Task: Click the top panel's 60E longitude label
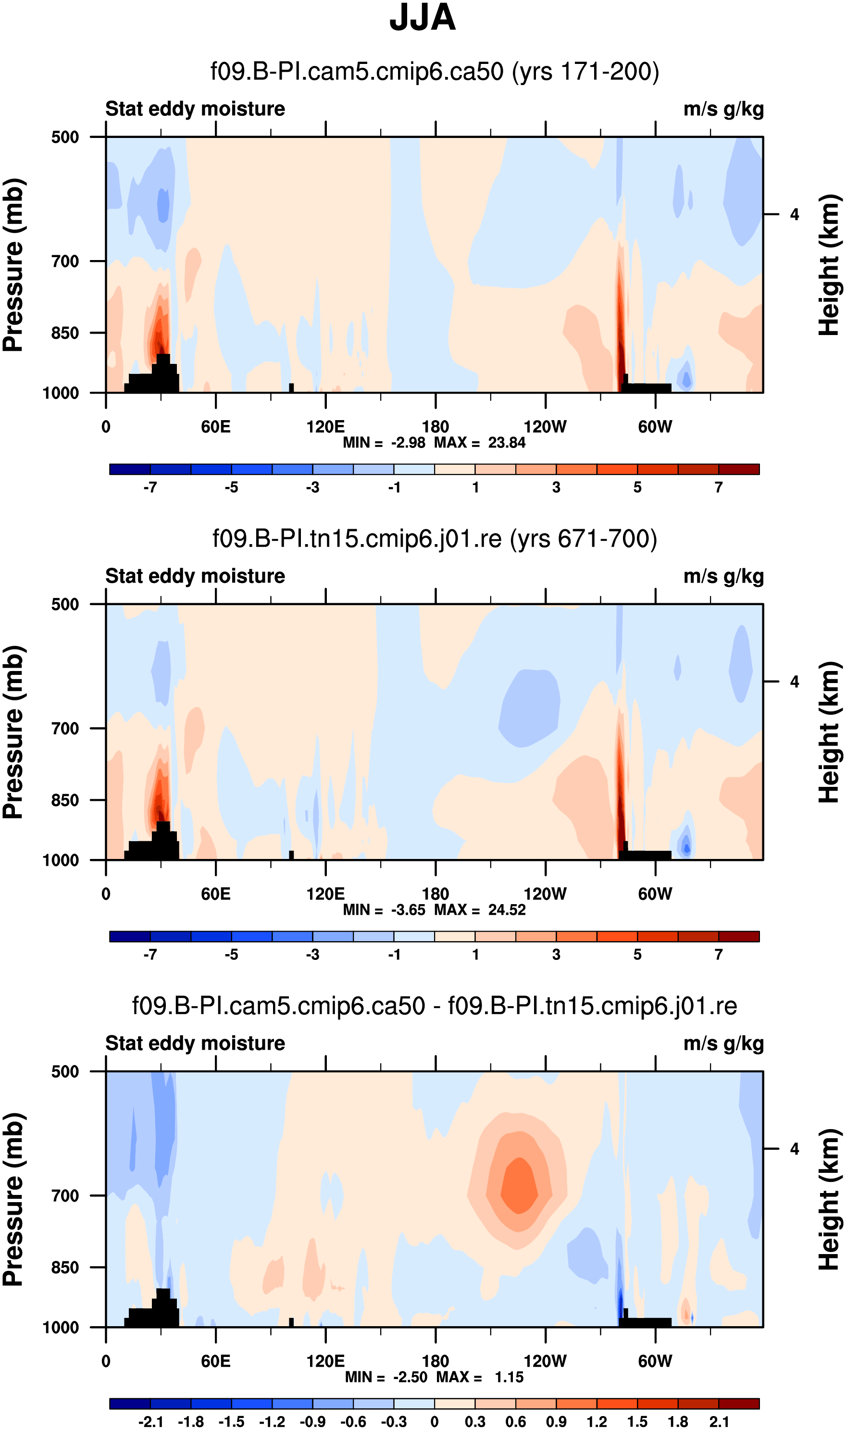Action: pos(215,426)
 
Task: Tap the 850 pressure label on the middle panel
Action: pos(65,800)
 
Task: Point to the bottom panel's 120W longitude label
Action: pos(545,1361)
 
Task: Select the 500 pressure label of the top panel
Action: pos(65,137)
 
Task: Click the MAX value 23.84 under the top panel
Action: pos(507,443)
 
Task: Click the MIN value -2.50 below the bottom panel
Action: pos(410,1377)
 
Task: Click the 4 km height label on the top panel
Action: pos(794,215)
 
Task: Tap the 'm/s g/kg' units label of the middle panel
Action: pos(723,576)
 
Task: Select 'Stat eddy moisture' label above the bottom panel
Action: pos(195,1043)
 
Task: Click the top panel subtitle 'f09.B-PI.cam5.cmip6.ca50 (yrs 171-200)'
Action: pos(435,72)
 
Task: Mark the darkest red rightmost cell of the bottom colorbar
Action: pos(738,1403)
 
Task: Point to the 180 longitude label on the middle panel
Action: pos(435,894)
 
